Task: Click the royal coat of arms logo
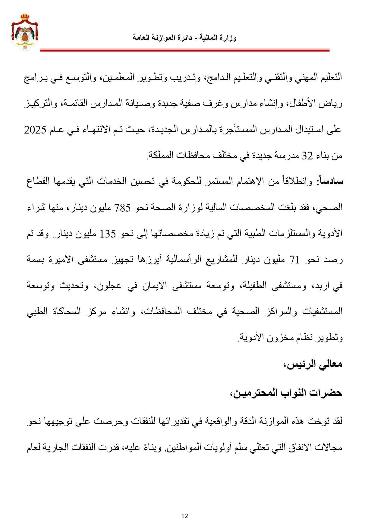click(x=25, y=31)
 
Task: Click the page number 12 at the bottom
click(x=185, y=516)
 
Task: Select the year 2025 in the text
click(x=35, y=130)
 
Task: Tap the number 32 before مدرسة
click(x=307, y=156)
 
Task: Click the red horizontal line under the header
click(x=185, y=50)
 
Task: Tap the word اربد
click(x=319, y=286)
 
